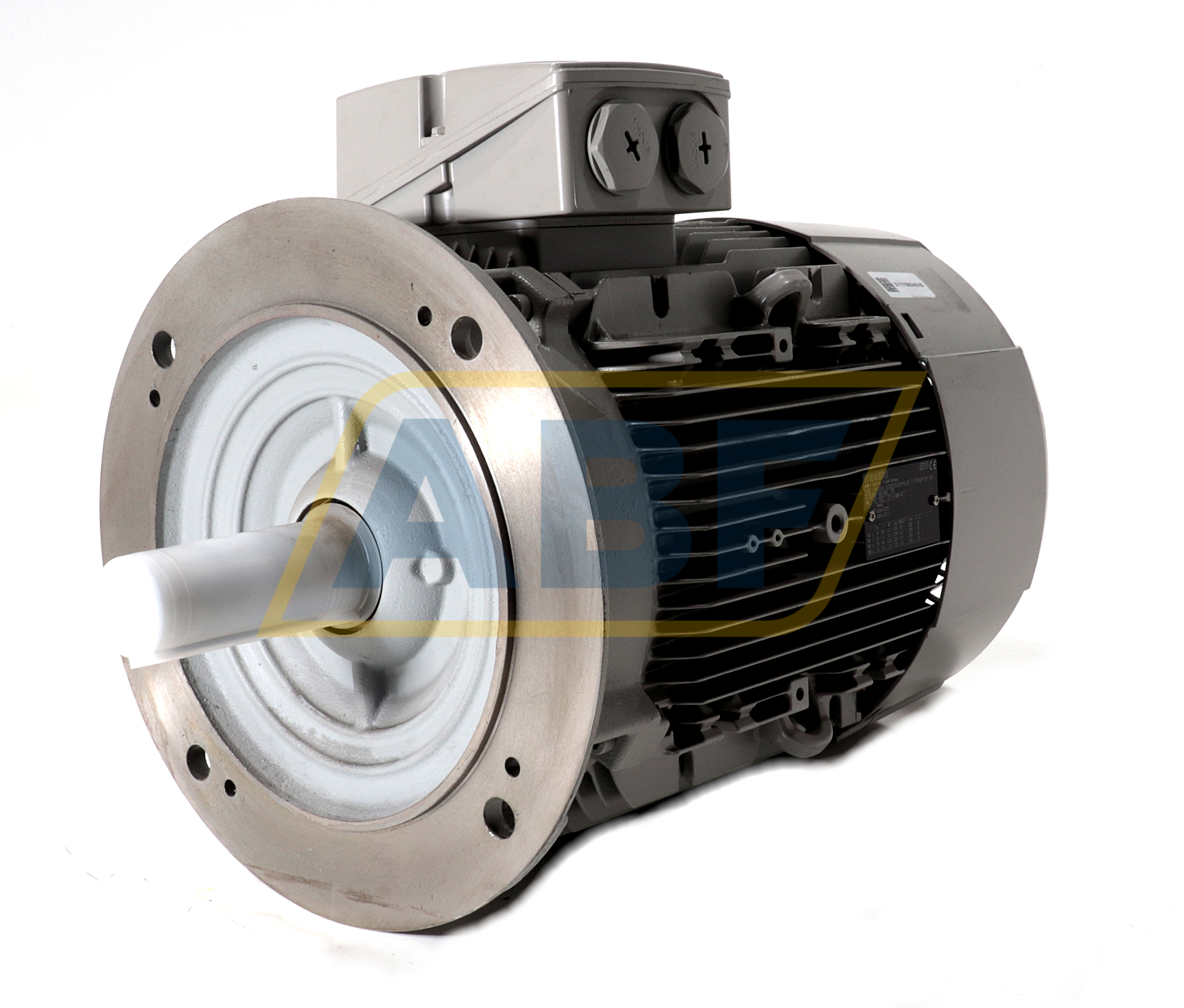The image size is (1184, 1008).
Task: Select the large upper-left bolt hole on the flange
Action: (164, 343)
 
